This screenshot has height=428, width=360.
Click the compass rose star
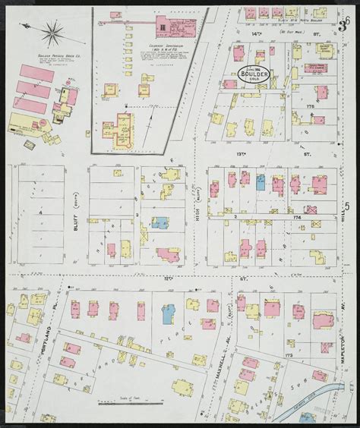52,33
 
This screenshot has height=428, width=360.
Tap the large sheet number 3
343,28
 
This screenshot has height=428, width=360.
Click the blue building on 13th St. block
261,183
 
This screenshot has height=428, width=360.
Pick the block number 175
309,107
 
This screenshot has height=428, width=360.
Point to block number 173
308,355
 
